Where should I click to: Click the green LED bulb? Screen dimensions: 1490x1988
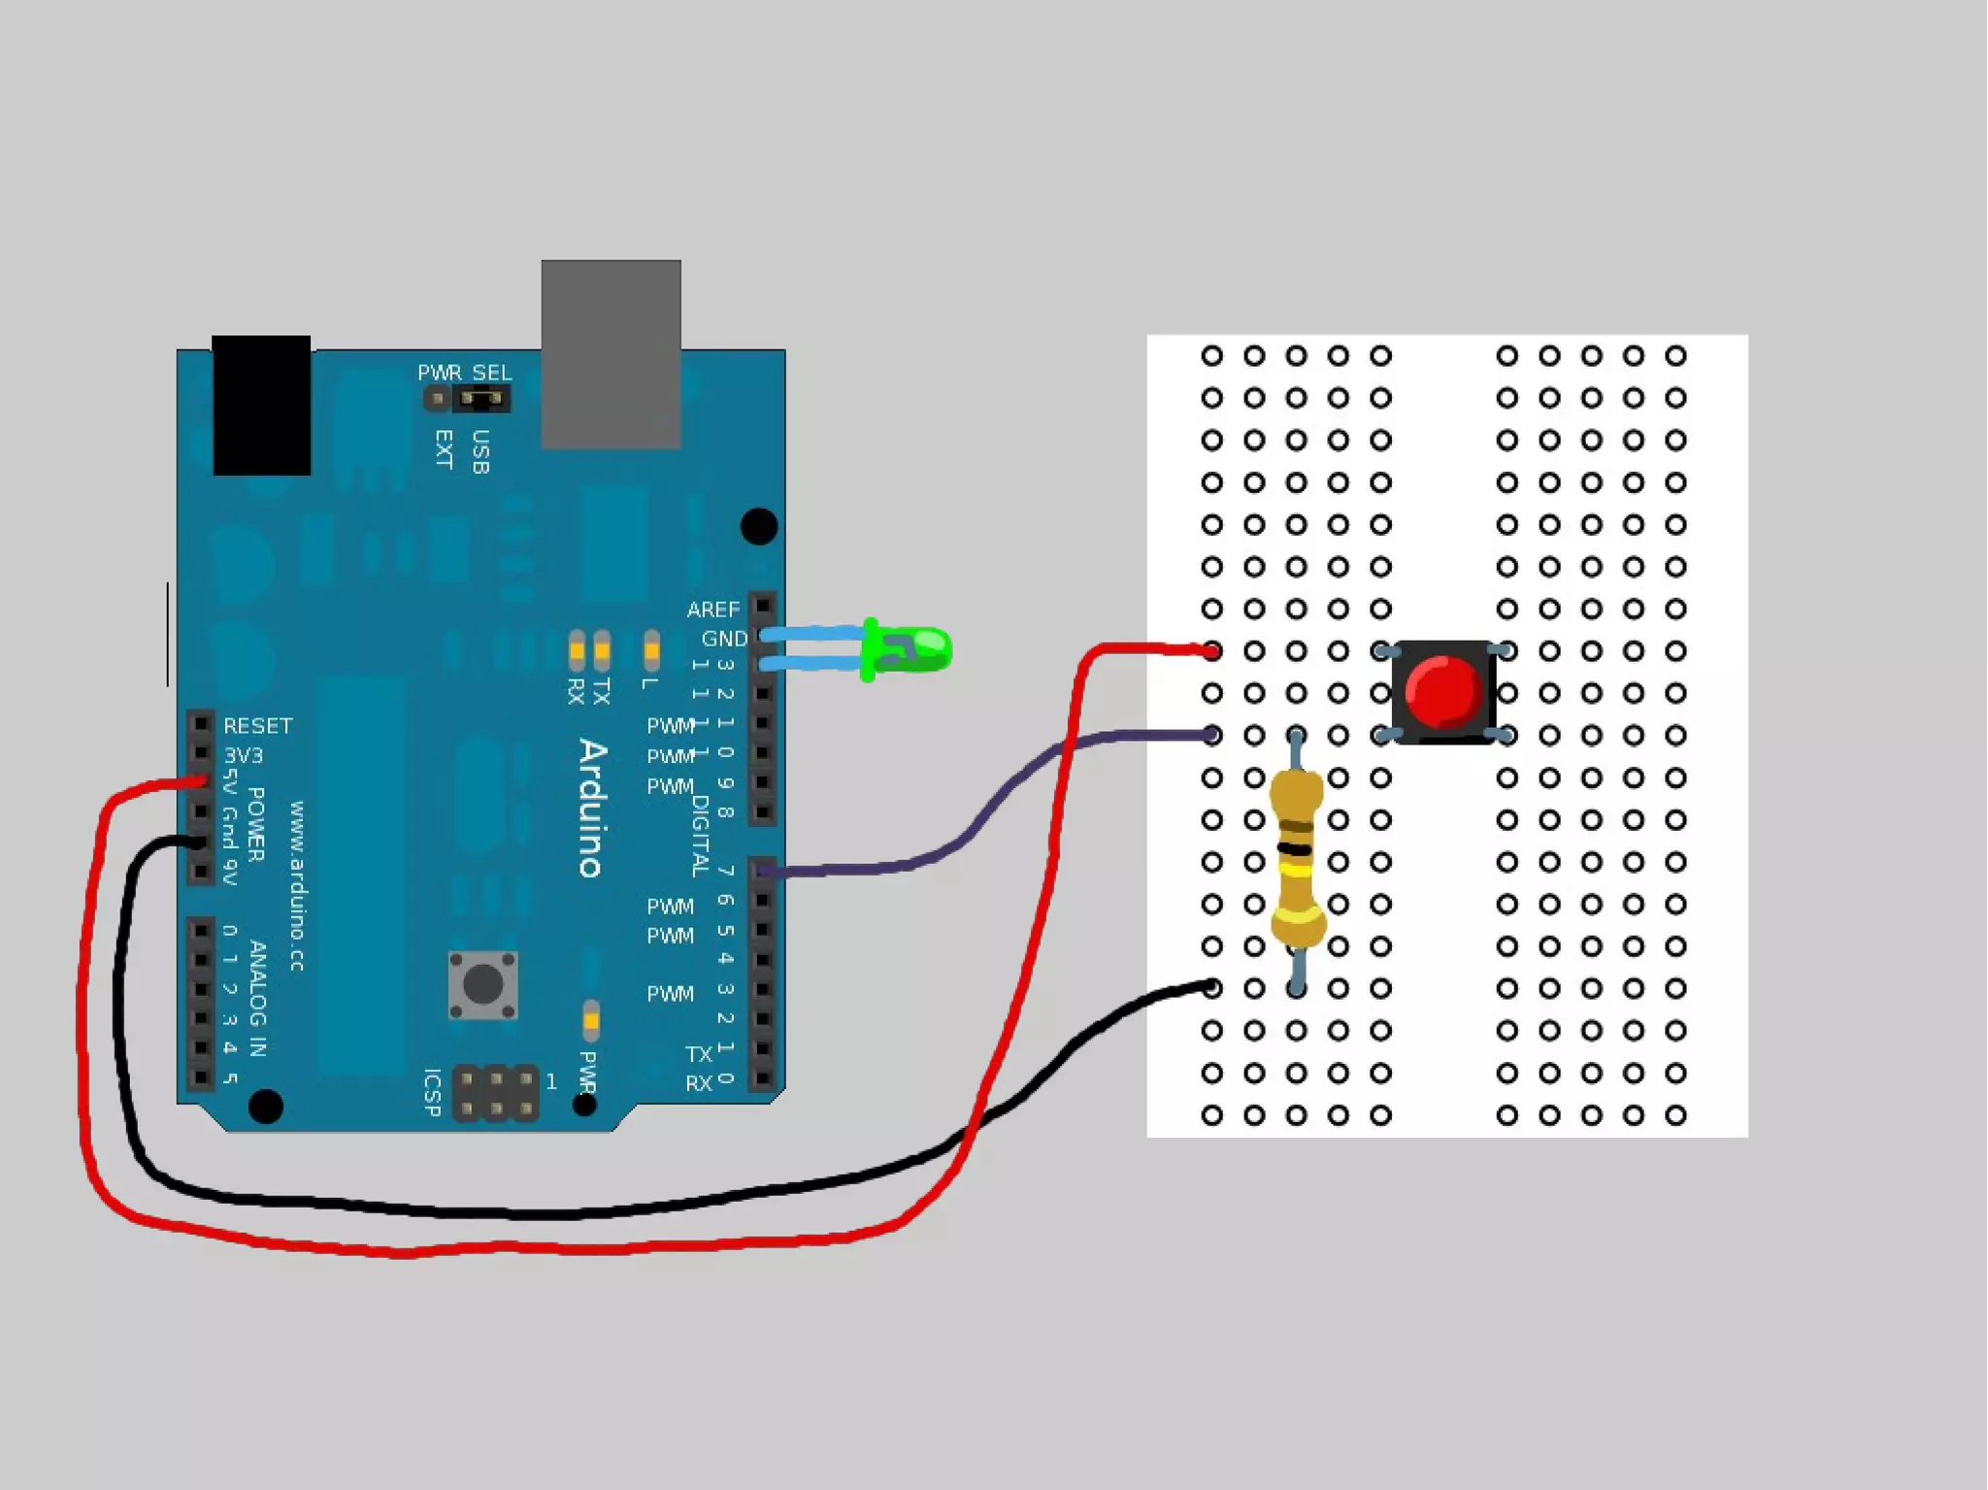click(916, 649)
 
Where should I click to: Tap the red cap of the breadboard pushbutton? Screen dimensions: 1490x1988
click(1442, 690)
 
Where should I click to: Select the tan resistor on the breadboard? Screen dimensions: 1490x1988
click(1297, 860)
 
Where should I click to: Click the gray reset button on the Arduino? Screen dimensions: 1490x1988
click(482, 985)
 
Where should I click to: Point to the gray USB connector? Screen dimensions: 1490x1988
click(611, 354)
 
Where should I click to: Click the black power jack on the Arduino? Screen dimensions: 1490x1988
click(261, 405)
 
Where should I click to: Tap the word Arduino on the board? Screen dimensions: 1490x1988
click(593, 809)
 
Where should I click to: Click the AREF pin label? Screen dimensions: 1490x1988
click(712, 610)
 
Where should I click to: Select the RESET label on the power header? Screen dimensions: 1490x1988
click(257, 726)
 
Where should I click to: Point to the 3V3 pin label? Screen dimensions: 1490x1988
click(243, 755)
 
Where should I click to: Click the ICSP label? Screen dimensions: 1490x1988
click(433, 1093)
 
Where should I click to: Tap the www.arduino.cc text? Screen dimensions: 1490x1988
click(297, 885)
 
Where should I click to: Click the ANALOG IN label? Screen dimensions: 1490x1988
click(257, 998)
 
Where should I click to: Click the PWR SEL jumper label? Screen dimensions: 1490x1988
click(464, 373)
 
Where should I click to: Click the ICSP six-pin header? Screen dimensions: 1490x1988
click(496, 1093)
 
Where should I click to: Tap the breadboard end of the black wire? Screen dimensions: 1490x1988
click(1210, 988)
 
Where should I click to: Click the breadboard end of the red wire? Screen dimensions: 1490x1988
click(1210, 651)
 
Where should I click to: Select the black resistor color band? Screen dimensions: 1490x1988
click(1295, 849)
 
